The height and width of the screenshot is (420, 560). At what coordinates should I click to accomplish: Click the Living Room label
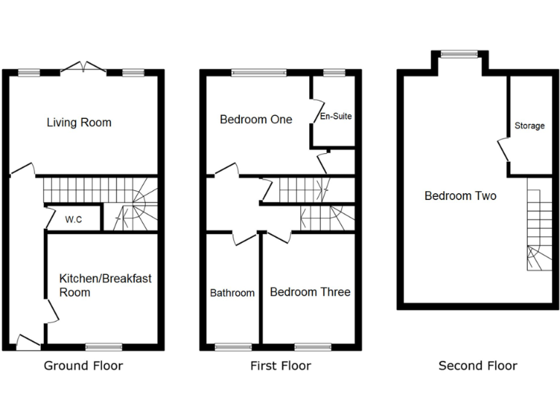point(79,122)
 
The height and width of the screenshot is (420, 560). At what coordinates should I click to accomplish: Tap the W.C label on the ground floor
point(73,219)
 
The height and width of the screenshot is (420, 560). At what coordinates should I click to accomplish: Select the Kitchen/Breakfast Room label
point(104,285)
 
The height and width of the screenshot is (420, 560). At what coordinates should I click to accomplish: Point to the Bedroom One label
point(256,119)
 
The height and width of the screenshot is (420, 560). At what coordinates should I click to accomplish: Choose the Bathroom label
point(233,293)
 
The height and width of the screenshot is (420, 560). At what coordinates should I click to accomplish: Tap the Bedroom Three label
point(310,292)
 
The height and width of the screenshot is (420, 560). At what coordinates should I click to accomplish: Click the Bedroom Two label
point(460,196)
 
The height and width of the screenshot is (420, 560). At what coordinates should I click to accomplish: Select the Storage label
point(529,126)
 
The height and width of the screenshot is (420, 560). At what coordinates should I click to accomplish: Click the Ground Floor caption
point(83,366)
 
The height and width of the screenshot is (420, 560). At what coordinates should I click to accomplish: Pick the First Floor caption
point(280,366)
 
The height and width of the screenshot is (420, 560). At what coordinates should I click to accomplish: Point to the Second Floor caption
point(478,366)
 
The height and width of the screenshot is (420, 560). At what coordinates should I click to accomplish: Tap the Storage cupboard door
point(502,150)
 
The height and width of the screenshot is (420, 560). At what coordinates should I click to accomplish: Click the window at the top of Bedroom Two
point(460,53)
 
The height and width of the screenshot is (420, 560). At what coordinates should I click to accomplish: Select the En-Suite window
point(334,72)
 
